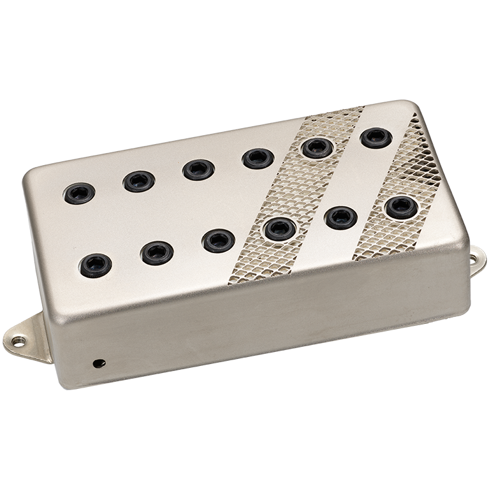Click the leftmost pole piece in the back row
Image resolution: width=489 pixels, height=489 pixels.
pos(80,193)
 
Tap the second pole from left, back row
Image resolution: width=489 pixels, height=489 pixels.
pos(139,181)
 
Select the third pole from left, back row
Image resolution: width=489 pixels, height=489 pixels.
pos(198,169)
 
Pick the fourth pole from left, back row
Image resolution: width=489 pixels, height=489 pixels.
pos(258,158)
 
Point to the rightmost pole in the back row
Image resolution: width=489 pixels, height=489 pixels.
pos(376,138)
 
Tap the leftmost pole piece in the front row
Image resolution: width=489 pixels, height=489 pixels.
pos(96,265)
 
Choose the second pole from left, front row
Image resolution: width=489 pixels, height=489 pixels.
pos(157,252)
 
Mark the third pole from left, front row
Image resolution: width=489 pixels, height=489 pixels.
pos(218,240)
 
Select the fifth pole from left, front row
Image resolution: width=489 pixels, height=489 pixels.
pos(340,217)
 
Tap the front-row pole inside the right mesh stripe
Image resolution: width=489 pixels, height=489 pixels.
pos(401,207)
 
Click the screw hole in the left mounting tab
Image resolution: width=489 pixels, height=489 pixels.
pos(18,342)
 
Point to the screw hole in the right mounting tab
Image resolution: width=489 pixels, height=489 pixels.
pos(474,259)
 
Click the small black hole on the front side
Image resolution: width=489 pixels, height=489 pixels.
pos(97,363)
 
